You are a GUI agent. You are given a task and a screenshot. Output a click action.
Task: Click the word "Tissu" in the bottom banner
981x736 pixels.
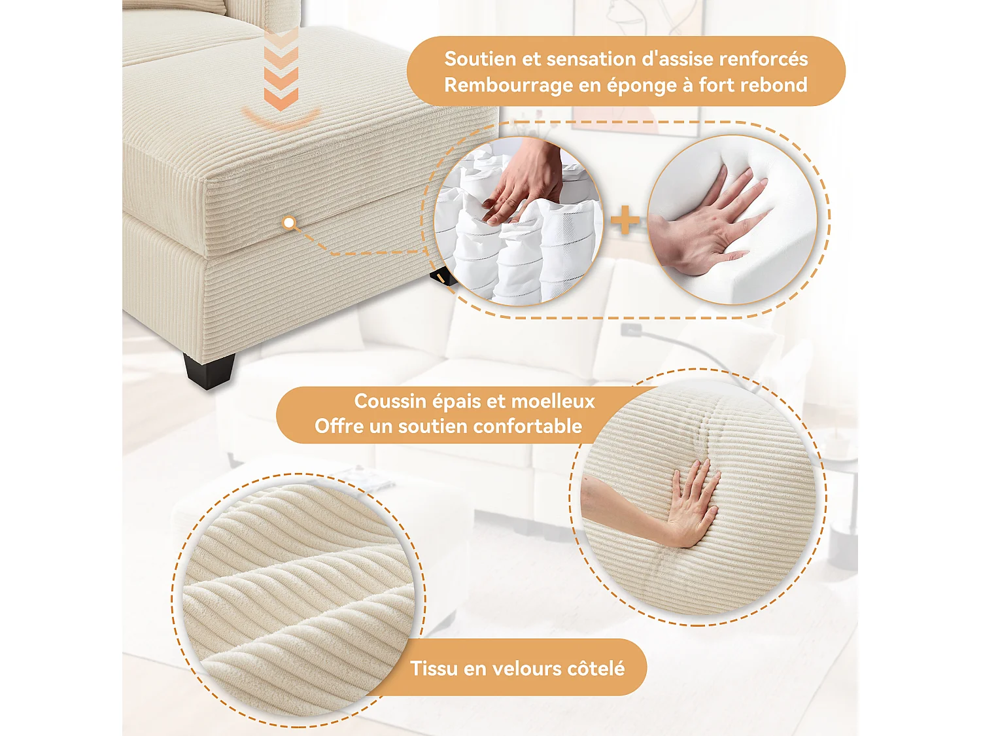click(x=434, y=669)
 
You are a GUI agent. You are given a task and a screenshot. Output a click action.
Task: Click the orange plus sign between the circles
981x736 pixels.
click(x=625, y=220)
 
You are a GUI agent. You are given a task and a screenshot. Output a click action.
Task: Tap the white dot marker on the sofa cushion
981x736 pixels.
click(x=288, y=223)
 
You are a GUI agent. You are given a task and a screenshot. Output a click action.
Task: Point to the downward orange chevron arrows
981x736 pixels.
click(x=281, y=69)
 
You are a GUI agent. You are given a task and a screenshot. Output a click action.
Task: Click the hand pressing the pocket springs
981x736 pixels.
click(x=520, y=183)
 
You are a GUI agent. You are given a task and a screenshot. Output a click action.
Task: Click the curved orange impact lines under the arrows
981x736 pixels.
click(x=281, y=118)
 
